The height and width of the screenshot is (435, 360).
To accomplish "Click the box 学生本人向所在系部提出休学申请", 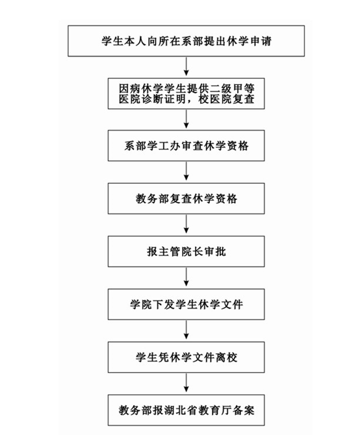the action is point(186,41).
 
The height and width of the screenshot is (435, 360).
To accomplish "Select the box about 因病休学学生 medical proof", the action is point(186,93).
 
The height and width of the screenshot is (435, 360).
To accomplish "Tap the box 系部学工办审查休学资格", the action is point(186,145).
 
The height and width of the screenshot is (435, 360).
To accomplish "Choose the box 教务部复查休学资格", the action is point(186,199).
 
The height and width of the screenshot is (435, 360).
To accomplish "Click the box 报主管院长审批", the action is point(186,251).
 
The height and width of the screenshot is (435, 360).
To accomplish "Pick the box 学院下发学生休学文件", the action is point(186,304).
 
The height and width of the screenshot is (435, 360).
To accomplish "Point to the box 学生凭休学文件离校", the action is point(186,357).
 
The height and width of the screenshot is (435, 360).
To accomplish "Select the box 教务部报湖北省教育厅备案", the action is point(186,410).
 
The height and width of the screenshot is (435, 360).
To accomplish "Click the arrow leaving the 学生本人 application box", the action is point(186,67).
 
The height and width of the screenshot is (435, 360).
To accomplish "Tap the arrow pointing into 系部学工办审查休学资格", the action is point(186,119).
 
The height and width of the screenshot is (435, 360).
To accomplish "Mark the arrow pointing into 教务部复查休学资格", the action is point(186,171).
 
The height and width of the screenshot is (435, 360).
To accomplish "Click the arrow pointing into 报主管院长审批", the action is point(186,224).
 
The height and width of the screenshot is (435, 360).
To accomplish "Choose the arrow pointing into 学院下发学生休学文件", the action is point(186,277).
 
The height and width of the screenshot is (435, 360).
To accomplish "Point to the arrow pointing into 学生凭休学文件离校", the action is point(186,330).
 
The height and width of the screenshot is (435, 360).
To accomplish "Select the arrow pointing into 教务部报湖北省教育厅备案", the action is point(186,383).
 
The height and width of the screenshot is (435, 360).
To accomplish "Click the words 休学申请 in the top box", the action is point(249,41).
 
